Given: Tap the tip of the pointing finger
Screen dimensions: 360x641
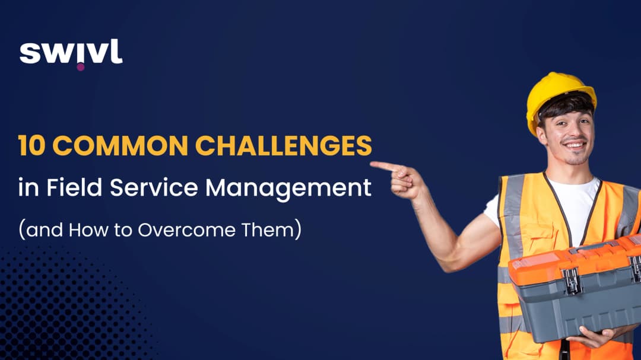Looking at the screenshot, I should (x=373, y=164).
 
